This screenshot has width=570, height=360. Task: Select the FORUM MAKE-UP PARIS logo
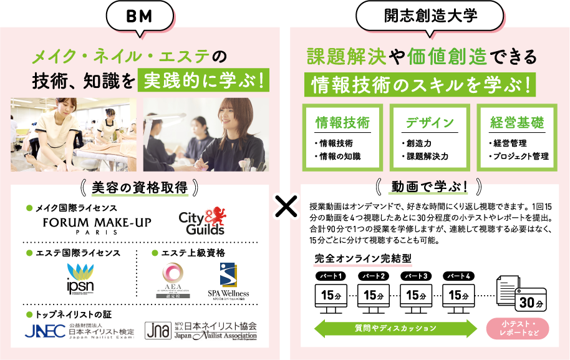click(97, 225)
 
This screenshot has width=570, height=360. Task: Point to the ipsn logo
click(80, 278)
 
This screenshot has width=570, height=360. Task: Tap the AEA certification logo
click(172, 279)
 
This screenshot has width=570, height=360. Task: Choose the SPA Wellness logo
click(228, 280)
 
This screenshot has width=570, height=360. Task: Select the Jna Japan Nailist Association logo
click(200, 331)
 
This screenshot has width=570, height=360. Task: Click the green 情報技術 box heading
click(342, 122)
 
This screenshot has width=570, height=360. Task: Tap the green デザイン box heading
click(430, 122)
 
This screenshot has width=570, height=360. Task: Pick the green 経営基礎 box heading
click(516, 122)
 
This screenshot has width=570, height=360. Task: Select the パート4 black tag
click(458, 276)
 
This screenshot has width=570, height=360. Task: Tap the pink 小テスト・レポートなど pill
click(517, 328)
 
